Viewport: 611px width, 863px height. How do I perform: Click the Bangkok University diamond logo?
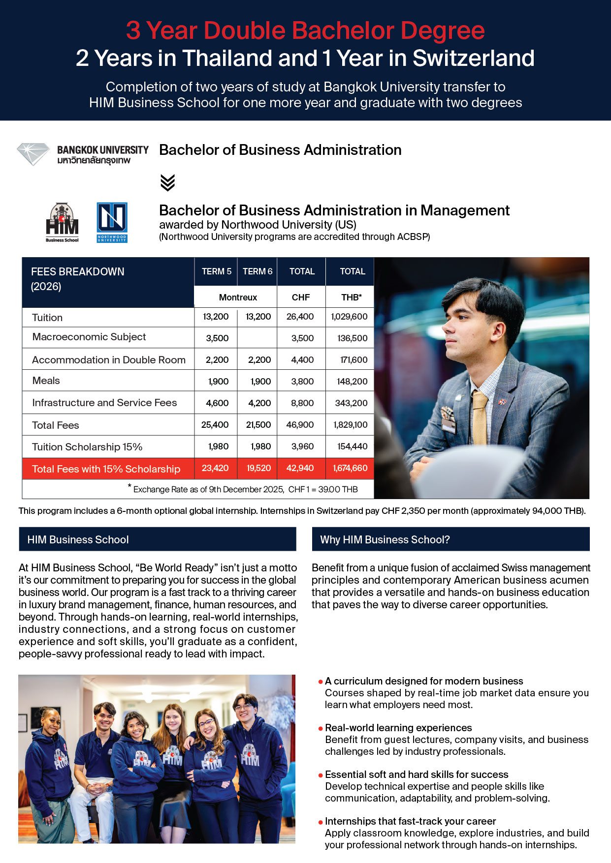[33, 153]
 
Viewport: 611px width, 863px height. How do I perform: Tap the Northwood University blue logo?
[112, 222]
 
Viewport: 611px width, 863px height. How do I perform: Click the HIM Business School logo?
[62, 222]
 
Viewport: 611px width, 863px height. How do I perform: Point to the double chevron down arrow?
[167, 182]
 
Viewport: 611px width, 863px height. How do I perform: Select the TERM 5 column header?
[216, 271]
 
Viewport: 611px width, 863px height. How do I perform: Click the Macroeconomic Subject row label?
[89, 337]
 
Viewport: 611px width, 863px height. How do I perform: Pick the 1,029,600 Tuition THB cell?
[349, 317]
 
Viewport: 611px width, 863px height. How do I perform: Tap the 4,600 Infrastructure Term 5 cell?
[217, 403]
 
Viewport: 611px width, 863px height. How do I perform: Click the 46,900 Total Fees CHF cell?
[300, 424]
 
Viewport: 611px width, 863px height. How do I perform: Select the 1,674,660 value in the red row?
[350, 468]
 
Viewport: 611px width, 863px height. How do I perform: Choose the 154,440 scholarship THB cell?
[352, 446]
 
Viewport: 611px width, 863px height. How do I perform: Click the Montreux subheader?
[238, 298]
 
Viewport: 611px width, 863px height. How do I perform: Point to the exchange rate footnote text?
[245, 489]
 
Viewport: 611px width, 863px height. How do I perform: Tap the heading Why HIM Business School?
[385, 539]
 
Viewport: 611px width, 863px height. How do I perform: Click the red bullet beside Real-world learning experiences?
[321, 728]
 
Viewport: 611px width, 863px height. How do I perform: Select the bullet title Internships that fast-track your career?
[410, 821]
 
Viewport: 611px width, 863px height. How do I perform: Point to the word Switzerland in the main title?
[473, 59]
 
